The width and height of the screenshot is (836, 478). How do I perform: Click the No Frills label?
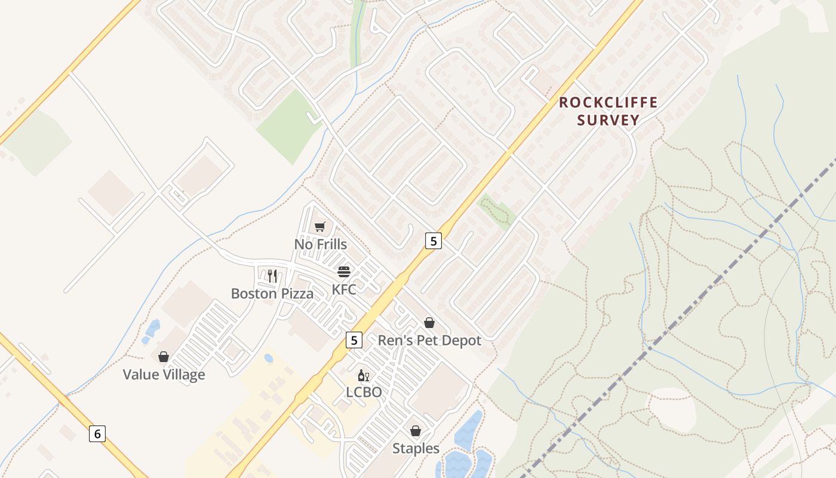tap(320, 244)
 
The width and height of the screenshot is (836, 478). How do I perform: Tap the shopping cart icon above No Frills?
tap(320, 226)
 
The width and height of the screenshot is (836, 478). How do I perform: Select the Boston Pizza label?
tap(272, 293)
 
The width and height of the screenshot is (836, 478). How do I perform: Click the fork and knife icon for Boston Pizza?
tap(272, 275)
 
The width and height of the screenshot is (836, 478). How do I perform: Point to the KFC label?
tap(344, 290)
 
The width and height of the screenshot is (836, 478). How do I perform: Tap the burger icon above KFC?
tap(344, 272)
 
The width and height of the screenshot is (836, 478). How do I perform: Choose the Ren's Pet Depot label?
tap(429, 341)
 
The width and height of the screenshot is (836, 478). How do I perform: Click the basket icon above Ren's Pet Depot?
tap(429, 323)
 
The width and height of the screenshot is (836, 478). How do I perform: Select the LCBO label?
tap(364, 393)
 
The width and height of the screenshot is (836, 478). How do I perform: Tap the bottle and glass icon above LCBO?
tap(364, 375)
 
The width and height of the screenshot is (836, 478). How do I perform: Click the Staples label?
tap(416, 448)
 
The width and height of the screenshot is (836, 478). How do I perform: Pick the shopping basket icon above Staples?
tap(416, 431)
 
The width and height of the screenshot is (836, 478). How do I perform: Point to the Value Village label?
tap(164, 375)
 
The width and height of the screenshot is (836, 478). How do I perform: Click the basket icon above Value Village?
tap(164, 357)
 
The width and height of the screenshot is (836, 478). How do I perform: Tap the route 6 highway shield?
tap(97, 434)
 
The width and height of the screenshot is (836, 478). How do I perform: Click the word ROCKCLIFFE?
tap(608, 103)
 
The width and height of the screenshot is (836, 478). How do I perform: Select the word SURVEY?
tap(608, 120)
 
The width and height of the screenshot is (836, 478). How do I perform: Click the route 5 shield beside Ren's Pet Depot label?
tap(354, 340)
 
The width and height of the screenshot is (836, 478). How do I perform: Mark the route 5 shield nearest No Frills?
tap(434, 241)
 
